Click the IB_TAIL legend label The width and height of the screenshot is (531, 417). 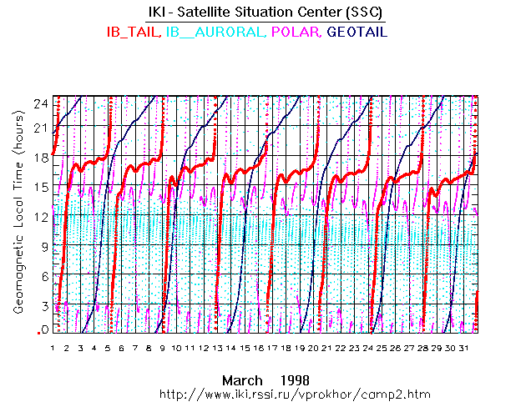pyautogui.click(x=133, y=32)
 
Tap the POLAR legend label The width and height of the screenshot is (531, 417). pyautogui.click(x=296, y=32)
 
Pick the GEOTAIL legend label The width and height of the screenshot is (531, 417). pyautogui.click(x=357, y=32)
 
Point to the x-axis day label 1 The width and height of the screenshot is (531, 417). pyautogui.click(x=53, y=347)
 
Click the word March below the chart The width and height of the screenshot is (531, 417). pyautogui.click(x=240, y=379)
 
